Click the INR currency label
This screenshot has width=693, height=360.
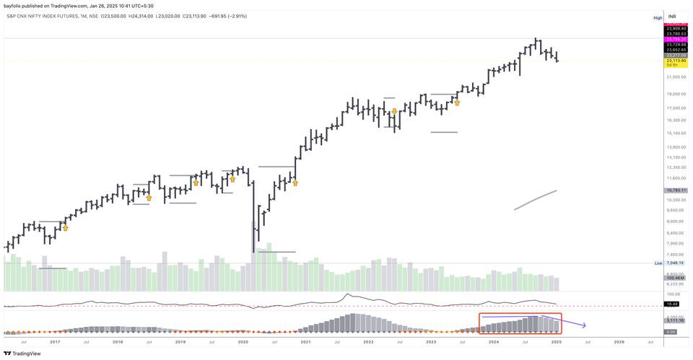(x=672, y=16)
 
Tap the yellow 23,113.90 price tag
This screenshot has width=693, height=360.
(x=676, y=61)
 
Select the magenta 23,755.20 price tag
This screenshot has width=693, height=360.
(x=676, y=39)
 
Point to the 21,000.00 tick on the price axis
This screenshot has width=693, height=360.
(x=676, y=77)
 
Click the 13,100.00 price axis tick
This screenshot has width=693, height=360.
(x=676, y=157)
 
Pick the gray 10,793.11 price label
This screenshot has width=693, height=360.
(x=676, y=190)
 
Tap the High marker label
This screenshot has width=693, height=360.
(x=658, y=17)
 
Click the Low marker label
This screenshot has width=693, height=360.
(x=658, y=263)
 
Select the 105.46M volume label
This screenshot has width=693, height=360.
(x=676, y=278)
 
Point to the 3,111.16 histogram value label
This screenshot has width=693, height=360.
(x=676, y=320)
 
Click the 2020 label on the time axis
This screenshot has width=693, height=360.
(x=243, y=341)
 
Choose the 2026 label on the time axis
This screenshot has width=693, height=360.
(x=619, y=341)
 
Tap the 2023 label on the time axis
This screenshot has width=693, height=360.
(x=431, y=341)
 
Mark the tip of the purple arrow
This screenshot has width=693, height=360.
(x=585, y=326)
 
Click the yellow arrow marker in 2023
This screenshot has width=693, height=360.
(x=457, y=102)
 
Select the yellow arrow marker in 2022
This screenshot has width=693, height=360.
(x=394, y=113)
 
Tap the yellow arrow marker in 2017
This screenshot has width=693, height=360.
(x=65, y=228)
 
